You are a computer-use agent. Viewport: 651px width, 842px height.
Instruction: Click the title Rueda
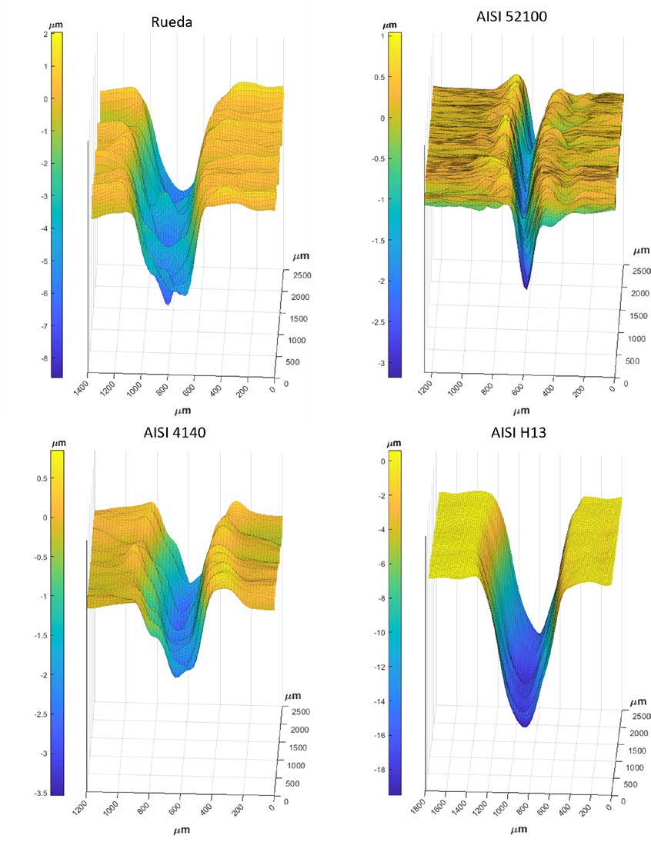click(171, 22)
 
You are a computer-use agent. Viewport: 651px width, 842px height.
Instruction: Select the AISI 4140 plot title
click(170, 432)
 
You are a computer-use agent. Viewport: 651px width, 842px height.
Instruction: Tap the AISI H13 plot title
click(518, 432)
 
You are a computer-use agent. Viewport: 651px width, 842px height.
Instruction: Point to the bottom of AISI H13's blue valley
click(525, 725)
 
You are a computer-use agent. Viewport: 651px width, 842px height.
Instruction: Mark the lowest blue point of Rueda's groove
click(168, 304)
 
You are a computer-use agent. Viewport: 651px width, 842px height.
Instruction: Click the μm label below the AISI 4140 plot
click(182, 830)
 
